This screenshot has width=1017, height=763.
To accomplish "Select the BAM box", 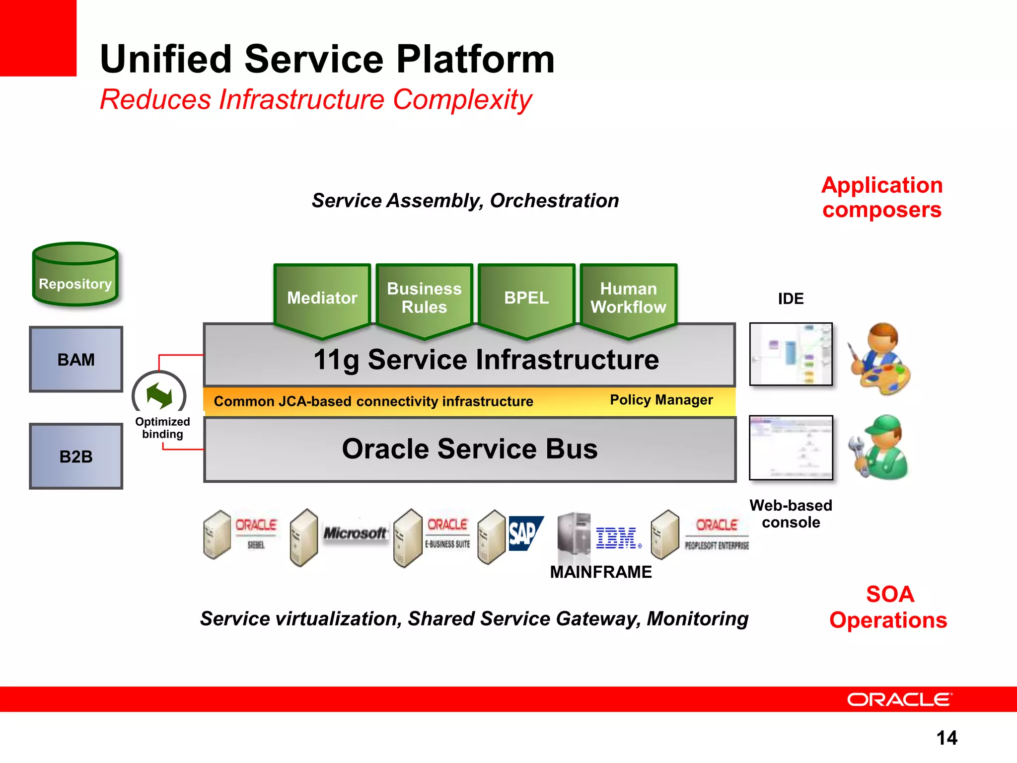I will pos(76,359).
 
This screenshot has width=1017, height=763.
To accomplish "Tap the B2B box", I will pos(76,456).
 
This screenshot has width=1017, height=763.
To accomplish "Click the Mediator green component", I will pos(322,298).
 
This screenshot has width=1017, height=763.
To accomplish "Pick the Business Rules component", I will pos(424,298).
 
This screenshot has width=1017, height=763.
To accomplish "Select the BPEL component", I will pos(526,298).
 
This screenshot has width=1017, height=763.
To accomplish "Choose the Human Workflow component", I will pos(628,298).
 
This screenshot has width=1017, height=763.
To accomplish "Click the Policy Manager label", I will pos(661,400).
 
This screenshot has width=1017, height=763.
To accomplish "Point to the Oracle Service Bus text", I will pos(470,449).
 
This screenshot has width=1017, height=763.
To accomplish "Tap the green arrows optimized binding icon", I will pos(159,395).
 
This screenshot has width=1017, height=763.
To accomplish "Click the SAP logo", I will pos(525,534).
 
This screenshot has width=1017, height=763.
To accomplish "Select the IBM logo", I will pos(617,538).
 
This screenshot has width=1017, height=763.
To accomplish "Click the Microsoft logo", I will pos(355,533).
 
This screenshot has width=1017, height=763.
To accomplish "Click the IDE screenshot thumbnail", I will pos(791,354).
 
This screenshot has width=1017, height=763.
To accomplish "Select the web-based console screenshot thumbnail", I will pos(791,447).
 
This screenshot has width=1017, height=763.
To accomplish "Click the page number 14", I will pos(946,738).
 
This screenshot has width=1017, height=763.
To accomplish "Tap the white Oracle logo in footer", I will pos(899,699).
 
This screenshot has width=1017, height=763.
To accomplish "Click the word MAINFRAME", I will pos(600,572).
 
